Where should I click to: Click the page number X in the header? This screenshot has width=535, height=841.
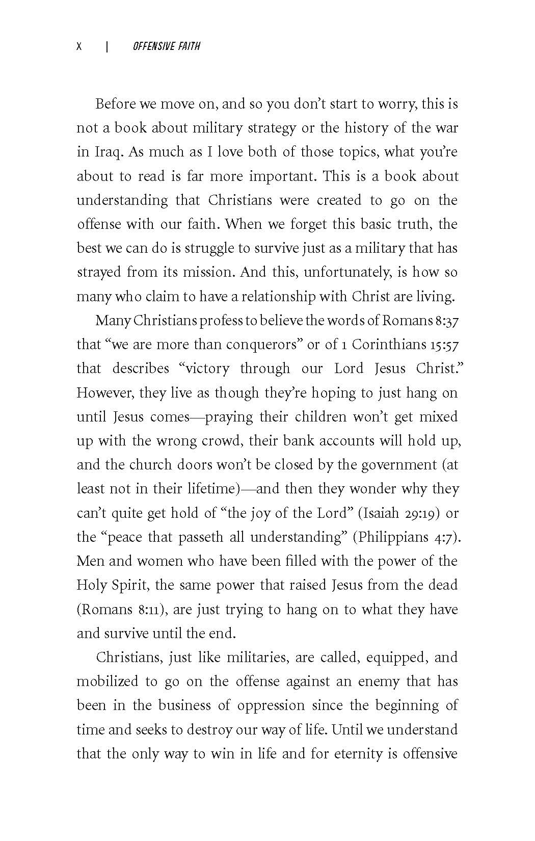[79, 47]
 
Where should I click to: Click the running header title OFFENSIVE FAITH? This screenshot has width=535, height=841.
[166, 47]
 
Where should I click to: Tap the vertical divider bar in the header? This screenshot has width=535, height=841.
[107, 47]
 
